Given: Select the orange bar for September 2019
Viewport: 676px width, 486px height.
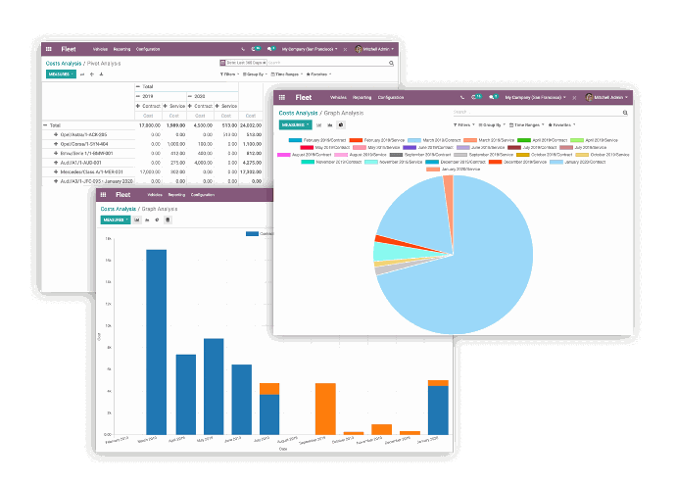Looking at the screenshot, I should pos(325,408).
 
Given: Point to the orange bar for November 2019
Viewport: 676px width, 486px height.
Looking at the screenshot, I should pos(381,429).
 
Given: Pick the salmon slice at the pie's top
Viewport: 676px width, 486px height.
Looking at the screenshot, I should pos(448,183).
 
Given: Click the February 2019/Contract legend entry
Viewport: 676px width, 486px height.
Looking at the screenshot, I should pos(322,140).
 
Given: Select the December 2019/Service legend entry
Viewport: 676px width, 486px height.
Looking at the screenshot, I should pos(523,162).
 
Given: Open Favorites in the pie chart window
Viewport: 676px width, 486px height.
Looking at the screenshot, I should pos(561,124).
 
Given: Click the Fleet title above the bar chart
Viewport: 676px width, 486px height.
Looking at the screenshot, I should pos(121,195).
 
